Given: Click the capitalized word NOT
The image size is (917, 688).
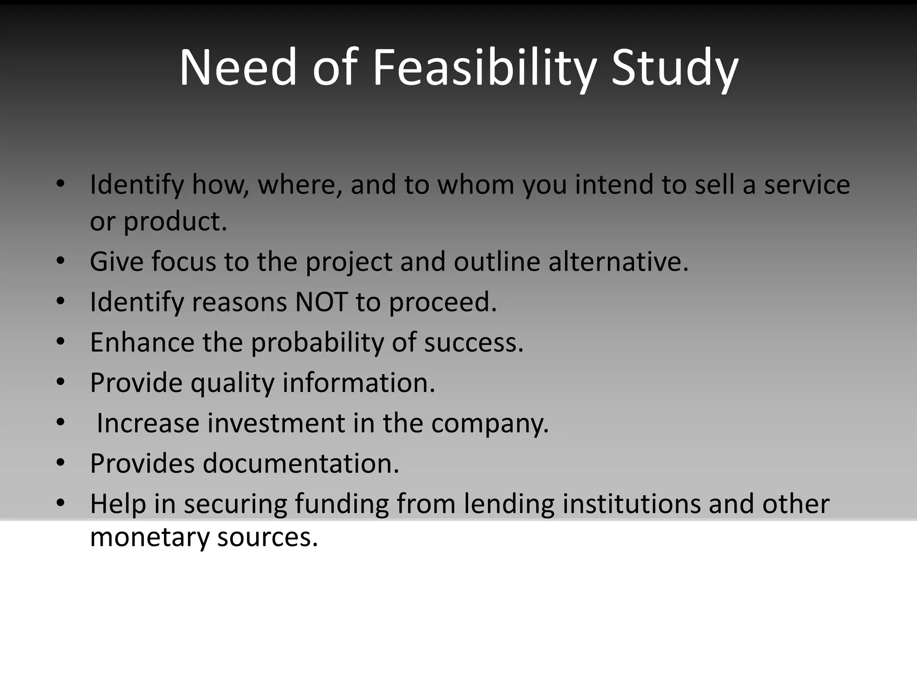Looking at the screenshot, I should click(x=321, y=302).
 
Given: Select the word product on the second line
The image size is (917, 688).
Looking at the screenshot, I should click(x=175, y=222).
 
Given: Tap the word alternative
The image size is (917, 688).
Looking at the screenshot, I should click(x=618, y=262).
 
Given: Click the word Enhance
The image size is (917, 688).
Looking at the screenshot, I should click(x=142, y=342).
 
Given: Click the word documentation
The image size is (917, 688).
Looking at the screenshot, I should click(x=300, y=463).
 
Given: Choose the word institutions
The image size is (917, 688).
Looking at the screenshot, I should click(x=631, y=503).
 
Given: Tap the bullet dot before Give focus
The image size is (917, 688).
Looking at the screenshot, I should click(x=61, y=261).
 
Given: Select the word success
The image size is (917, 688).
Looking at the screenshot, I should click(x=473, y=342).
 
